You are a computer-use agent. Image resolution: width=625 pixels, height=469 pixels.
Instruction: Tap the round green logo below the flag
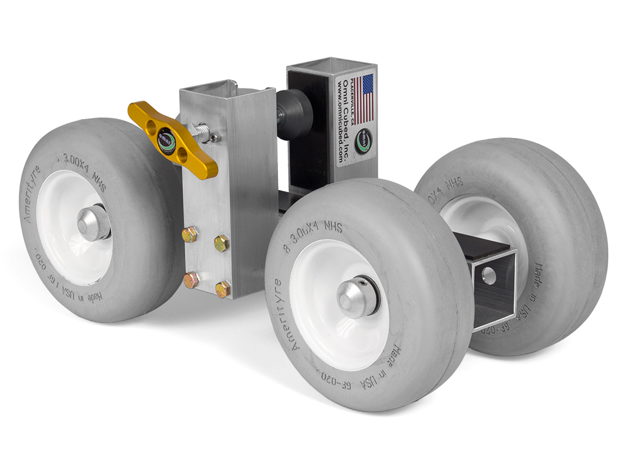coord(365,139)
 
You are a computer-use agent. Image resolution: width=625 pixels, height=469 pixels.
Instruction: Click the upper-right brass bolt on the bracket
coord(221,243)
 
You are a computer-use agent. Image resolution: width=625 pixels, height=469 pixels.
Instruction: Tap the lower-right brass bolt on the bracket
coord(223,288)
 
